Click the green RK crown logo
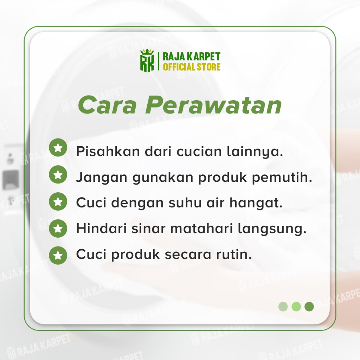[x=147, y=60]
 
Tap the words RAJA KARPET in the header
[x=192, y=57]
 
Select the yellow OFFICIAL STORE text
[x=192, y=67]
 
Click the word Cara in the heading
[x=107, y=105]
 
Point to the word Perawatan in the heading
[x=213, y=105]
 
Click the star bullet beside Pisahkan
[x=58, y=148]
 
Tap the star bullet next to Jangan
[x=58, y=174]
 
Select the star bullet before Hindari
[x=58, y=229]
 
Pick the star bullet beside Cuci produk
[x=58, y=256]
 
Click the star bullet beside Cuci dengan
[x=58, y=201]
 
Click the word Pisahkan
[x=108, y=151]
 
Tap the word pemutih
[x=282, y=178]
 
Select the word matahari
[x=201, y=229]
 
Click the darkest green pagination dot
[x=309, y=307]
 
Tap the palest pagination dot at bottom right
[x=283, y=307]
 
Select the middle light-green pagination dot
[x=296, y=307]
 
